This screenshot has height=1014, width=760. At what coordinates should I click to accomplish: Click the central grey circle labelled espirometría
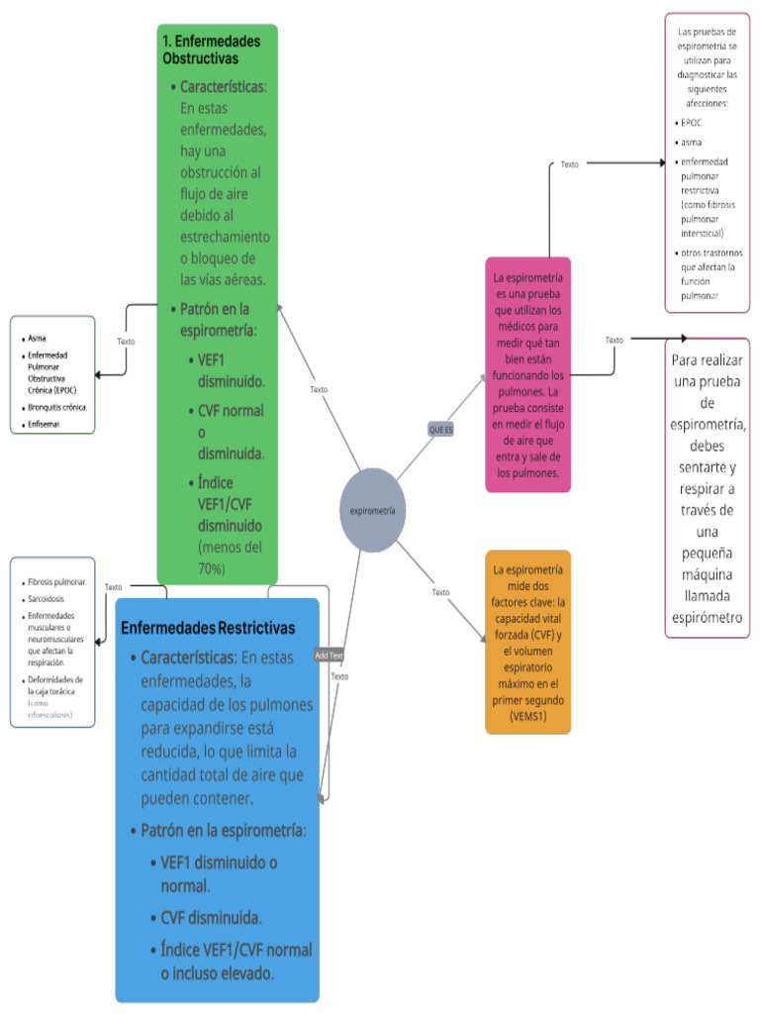[373, 510]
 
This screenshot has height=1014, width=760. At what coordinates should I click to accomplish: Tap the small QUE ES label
[440, 429]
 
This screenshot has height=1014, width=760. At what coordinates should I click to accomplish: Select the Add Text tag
[329, 655]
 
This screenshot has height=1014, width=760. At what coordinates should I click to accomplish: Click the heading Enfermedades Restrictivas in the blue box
[208, 628]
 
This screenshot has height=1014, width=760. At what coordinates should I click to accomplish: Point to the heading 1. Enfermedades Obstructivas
[212, 50]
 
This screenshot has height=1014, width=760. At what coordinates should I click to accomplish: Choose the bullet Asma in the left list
[38, 337]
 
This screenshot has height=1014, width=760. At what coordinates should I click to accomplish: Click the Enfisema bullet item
[44, 424]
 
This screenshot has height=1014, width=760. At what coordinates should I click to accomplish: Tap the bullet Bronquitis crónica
[57, 407]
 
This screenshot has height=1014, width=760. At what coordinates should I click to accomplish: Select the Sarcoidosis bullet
[48, 599]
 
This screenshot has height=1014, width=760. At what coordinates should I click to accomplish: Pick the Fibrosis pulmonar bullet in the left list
[57, 582]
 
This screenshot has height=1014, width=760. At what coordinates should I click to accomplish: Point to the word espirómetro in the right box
[707, 618]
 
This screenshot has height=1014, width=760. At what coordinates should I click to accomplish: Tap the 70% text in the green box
[212, 568]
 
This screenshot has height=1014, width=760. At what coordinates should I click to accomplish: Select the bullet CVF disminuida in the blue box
[211, 918]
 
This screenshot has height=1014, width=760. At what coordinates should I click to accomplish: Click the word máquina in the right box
[708, 574]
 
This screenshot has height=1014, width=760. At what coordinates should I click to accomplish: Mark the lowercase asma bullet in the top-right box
[692, 143]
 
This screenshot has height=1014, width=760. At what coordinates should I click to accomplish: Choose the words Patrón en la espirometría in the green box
[215, 319]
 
